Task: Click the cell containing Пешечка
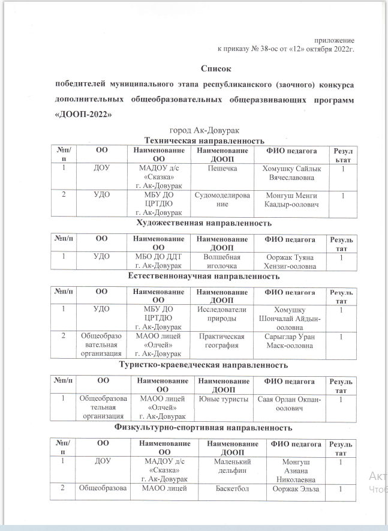pyautogui.click(x=222, y=170)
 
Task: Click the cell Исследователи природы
pyautogui.click(x=222, y=314)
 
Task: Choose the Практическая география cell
pyautogui.click(x=222, y=341)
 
